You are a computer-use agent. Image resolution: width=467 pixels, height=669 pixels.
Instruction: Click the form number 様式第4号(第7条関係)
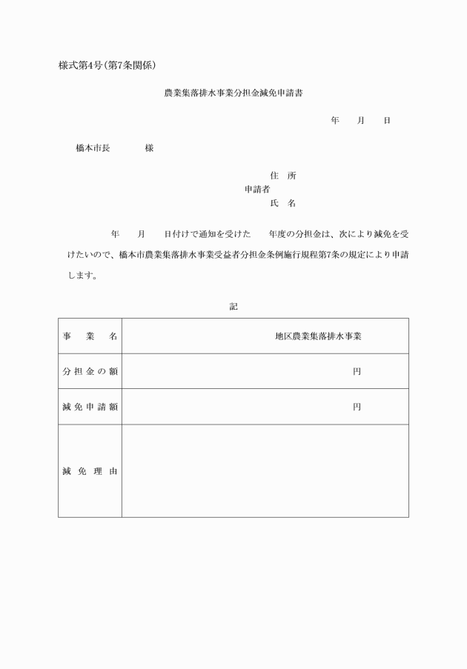point(107,65)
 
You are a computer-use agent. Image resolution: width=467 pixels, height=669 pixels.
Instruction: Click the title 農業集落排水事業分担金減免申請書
point(233,95)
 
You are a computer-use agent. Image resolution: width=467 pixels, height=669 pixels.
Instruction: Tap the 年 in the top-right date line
point(335,120)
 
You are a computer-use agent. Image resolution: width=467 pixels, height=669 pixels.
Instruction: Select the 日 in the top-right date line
point(386,120)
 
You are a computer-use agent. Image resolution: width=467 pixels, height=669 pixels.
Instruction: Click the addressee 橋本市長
point(93,148)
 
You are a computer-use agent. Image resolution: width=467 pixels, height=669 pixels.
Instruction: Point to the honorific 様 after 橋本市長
point(149,148)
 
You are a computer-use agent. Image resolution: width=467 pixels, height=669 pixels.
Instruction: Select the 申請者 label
point(256,189)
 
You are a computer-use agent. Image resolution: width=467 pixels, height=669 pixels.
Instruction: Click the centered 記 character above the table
point(233,306)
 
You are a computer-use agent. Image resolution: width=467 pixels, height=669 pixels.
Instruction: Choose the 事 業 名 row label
point(90,336)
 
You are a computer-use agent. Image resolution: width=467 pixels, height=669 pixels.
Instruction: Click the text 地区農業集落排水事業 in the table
point(318,336)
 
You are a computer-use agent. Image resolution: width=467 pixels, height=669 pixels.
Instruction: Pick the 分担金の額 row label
point(90,371)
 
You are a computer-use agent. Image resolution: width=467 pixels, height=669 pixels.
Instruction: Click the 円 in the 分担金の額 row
point(357,371)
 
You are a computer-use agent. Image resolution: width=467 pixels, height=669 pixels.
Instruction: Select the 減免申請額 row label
point(90,406)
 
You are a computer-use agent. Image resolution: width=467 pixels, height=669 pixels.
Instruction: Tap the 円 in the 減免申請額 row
point(357,406)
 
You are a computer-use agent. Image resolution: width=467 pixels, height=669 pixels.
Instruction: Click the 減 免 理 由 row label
point(90,470)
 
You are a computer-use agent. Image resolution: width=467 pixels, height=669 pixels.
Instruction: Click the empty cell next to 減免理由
point(265,470)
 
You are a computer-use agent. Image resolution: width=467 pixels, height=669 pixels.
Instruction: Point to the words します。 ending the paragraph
point(82,276)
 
